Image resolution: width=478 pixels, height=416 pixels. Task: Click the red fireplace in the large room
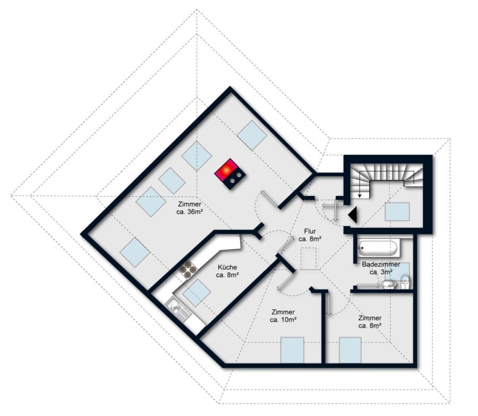click(230, 174)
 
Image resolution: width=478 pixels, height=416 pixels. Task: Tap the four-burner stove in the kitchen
click(187, 270)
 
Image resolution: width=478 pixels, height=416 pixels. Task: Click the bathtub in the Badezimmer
click(378, 248)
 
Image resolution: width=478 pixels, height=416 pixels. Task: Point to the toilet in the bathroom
click(405, 282)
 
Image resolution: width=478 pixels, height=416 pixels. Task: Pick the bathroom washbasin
click(389, 284)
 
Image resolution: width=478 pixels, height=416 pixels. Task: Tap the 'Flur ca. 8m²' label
click(310, 235)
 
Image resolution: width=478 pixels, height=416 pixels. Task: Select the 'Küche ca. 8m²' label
click(227, 271)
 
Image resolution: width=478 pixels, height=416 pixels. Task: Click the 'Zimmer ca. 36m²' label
click(190, 209)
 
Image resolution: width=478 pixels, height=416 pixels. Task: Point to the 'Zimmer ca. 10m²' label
click(283, 316)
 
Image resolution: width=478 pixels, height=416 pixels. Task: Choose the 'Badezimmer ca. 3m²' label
click(381, 268)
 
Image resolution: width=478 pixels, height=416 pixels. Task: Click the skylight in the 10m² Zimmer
click(292, 350)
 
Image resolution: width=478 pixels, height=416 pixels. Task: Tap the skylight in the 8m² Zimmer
click(350, 350)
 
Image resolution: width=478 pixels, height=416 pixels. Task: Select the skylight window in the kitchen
click(197, 293)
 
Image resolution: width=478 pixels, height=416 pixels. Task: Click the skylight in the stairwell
click(397, 212)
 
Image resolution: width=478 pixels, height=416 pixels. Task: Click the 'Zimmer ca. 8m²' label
click(370, 322)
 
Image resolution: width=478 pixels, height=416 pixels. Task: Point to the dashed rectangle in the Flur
click(309, 258)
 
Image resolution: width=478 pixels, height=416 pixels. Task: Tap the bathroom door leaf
click(368, 285)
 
